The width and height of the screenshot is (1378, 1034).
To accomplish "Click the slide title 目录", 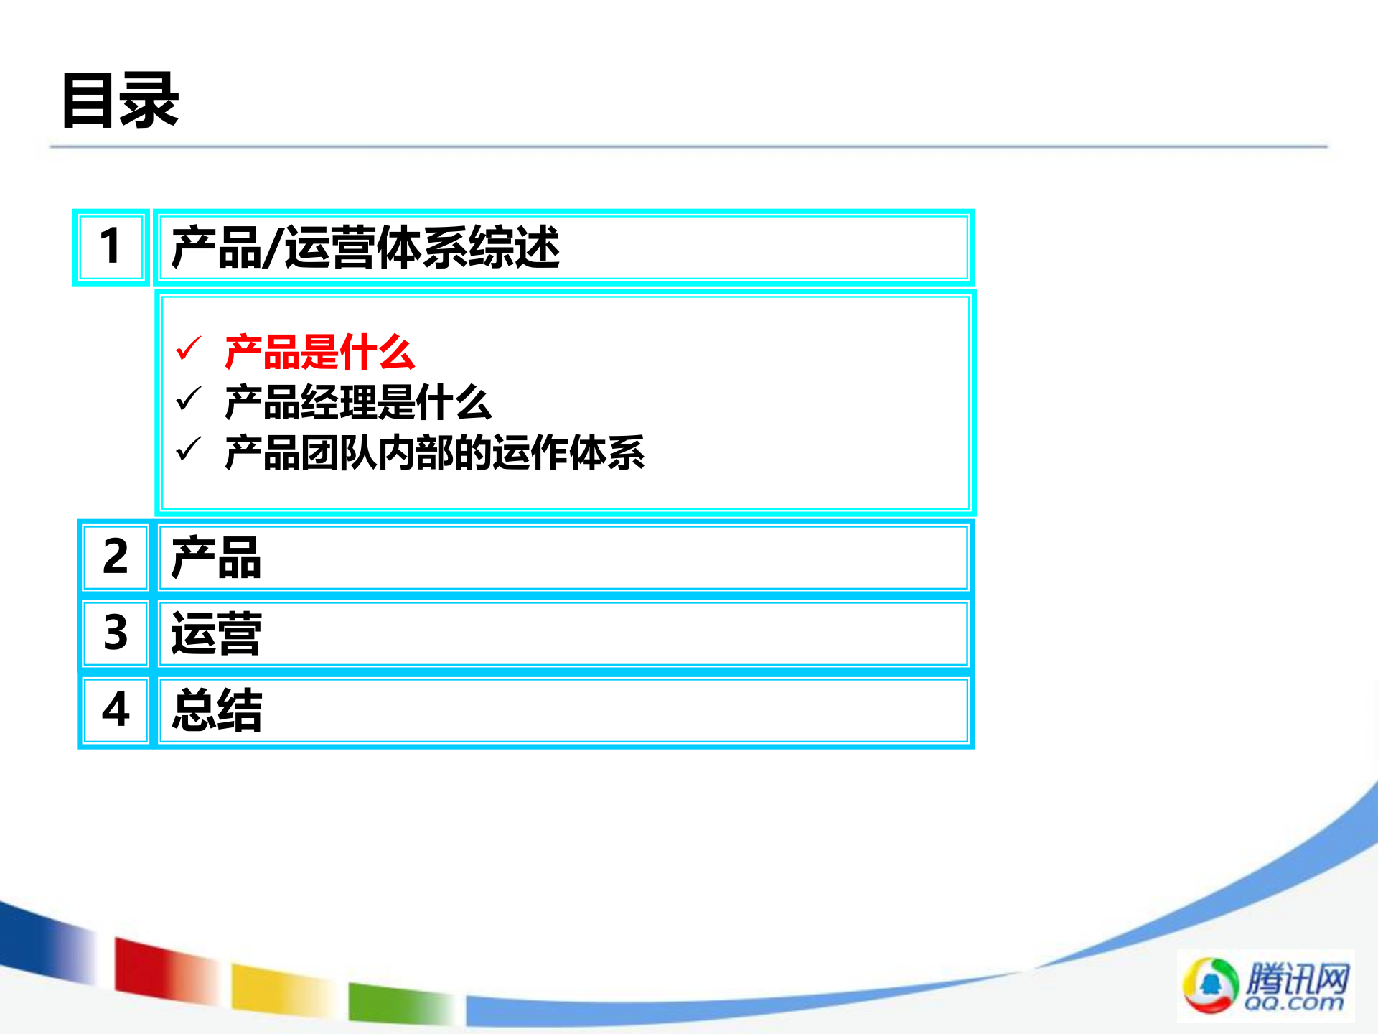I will [121, 101].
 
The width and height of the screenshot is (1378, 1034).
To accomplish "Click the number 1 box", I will [111, 247].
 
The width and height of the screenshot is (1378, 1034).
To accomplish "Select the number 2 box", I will [116, 557].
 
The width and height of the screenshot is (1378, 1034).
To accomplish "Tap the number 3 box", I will [116, 633].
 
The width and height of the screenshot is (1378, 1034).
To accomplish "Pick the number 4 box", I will [116, 710].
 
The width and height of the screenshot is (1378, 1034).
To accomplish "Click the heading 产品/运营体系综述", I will [365, 247].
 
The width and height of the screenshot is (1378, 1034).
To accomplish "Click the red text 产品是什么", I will [319, 353].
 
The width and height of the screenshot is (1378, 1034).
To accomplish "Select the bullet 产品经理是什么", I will [357, 403].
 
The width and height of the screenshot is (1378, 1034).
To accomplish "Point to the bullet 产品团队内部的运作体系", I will [434, 453].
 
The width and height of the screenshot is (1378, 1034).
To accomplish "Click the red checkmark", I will [189, 349].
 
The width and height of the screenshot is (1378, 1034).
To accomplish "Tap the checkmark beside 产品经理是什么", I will [189, 399].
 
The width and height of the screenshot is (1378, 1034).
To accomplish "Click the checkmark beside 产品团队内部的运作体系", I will [189, 450].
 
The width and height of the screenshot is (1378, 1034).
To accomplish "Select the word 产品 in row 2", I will [216, 558].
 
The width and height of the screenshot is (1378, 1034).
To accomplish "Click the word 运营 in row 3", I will [216, 634].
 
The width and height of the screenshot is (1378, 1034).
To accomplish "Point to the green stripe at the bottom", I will [398, 1002].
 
